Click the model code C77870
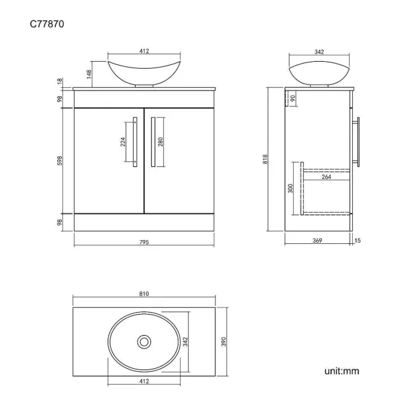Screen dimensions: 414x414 click(x=46, y=25)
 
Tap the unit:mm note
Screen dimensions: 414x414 click(x=341, y=370)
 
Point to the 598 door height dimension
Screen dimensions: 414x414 click(x=61, y=161)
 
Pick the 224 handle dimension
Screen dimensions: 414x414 click(x=123, y=141)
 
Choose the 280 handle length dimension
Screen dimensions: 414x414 click(x=161, y=141)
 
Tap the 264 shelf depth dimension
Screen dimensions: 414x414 click(x=325, y=178)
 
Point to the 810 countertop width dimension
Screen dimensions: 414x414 click(x=144, y=294)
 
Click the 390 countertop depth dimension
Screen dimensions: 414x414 click(x=224, y=343)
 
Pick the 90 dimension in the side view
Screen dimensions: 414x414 click(x=293, y=98)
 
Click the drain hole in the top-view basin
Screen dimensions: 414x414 click(x=144, y=342)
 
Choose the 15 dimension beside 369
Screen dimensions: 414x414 click(x=357, y=241)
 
